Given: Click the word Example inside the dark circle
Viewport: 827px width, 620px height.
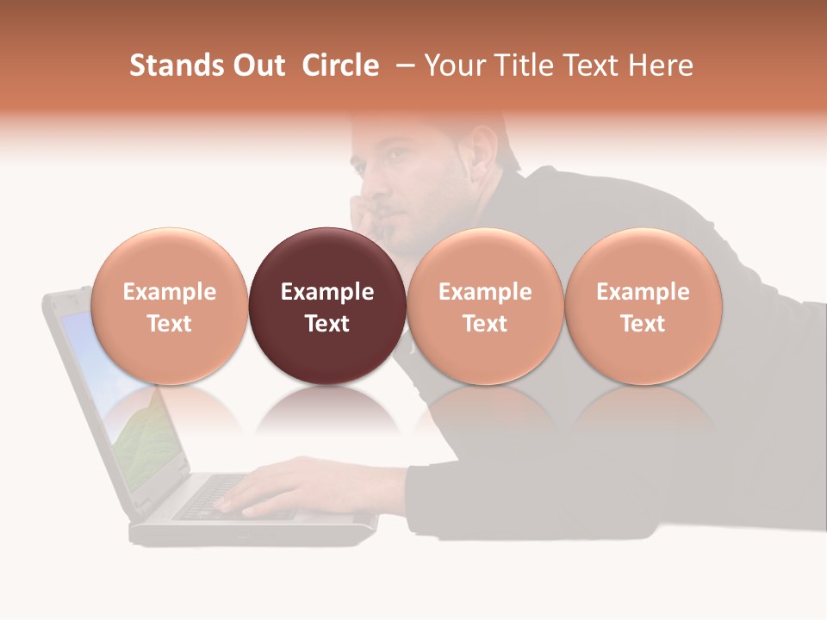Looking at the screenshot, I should (326, 292).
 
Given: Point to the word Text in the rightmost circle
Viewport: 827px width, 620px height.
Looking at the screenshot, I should (643, 324).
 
